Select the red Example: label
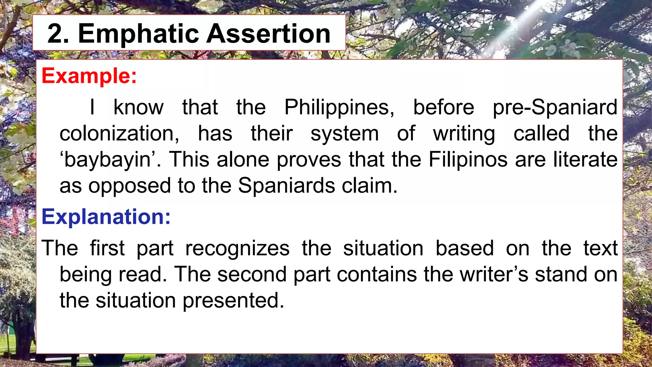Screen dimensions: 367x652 coord(89,76)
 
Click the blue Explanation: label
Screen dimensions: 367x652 coord(106,217)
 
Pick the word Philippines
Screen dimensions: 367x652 coord(339,107)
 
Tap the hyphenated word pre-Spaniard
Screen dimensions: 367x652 coord(555,107)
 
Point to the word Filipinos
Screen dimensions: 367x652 coord(468,160)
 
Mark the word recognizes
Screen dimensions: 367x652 coord(237,248)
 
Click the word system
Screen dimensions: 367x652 coord(344,133)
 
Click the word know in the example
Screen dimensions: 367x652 coord(138,107)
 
